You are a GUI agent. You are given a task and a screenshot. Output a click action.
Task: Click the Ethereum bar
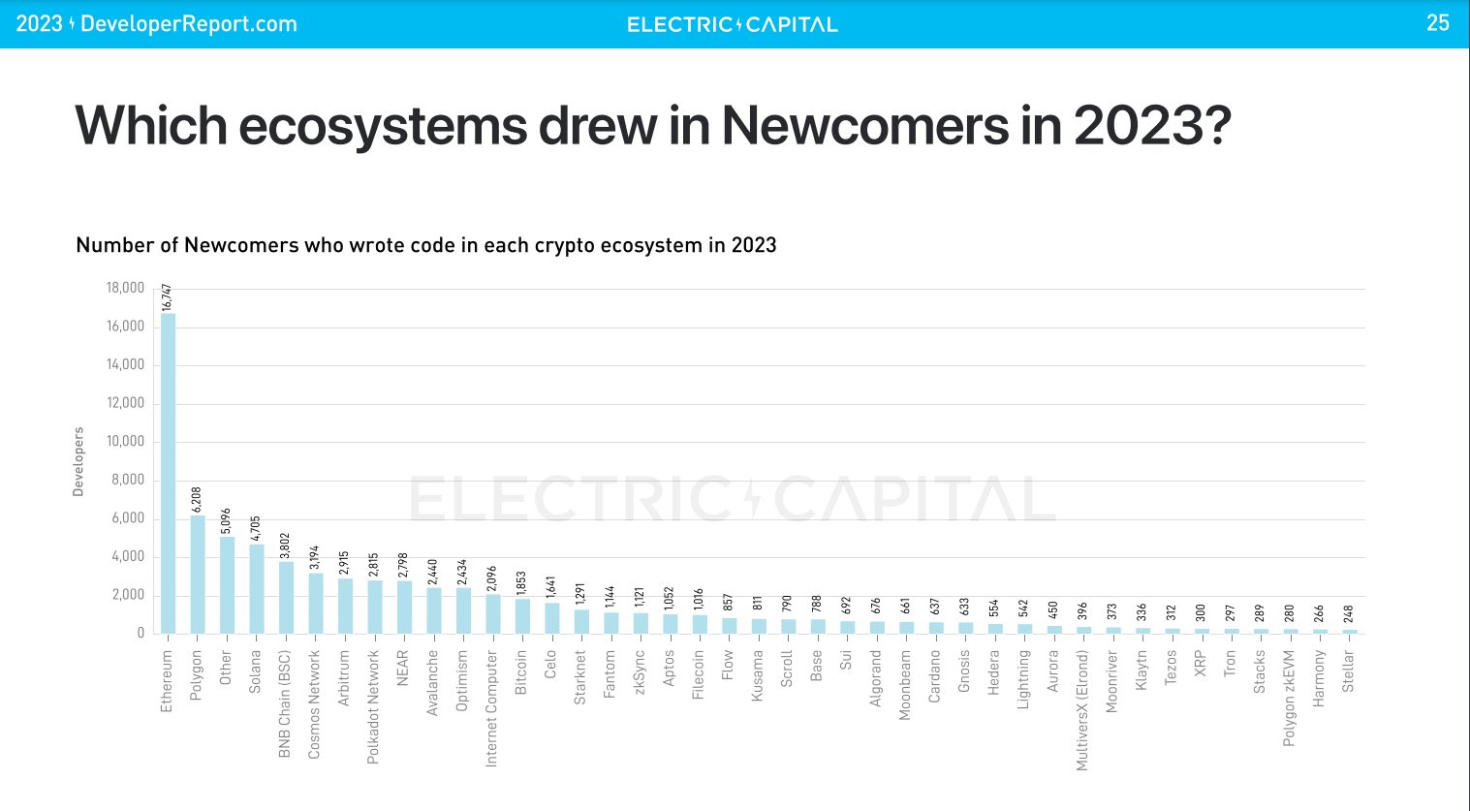pyautogui.click(x=168, y=473)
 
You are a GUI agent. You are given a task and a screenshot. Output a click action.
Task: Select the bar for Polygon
pyautogui.click(x=198, y=575)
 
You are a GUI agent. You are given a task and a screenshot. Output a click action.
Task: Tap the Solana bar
pyautogui.click(x=257, y=588)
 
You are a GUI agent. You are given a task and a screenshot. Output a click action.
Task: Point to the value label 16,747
pyautogui.click(x=167, y=296)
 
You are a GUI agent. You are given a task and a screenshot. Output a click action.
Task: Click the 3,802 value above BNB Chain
pyautogui.click(x=285, y=546)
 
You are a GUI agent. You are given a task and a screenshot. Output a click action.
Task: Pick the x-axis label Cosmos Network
pyautogui.click(x=314, y=704)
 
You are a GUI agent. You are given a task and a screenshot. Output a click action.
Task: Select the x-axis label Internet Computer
pyautogui.click(x=491, y=708)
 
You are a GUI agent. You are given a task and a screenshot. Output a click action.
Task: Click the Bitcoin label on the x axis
pyautogui.click(x=521, y=671)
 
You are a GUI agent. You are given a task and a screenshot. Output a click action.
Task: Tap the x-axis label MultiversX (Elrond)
pyautogui.click(x=1082, y=710)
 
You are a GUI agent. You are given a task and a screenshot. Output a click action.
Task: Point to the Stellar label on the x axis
pyautogui.click(x=1348, y=671)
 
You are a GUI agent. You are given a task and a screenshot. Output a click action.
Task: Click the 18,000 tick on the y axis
pyautogui.click(x=125, y=288)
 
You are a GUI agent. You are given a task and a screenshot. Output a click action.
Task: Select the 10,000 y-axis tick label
pyautogui.click(x=125, y=442)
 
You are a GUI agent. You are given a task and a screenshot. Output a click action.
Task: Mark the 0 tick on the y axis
pyautogui.click(x=141, y=633)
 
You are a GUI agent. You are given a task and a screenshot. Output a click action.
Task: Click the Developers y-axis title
pyautogui.click(x=78, y=461)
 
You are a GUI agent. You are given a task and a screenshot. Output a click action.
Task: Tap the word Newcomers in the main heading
pyautogui.click(x=865, y=125)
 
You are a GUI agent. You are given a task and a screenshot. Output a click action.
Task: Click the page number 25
pyautogui.click(x=1437, y=23)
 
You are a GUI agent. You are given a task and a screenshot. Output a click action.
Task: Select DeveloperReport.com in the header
pyautogui.click(x=189, y=24)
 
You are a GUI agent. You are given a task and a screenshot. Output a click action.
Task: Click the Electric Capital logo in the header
pyautogui.click(x=733, y=25)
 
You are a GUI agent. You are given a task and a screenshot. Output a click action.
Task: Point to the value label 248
pyautogui.click(x=1348, y=614)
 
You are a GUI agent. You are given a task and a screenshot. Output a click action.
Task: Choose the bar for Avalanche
pyautogui.click(x=434, y=610)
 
